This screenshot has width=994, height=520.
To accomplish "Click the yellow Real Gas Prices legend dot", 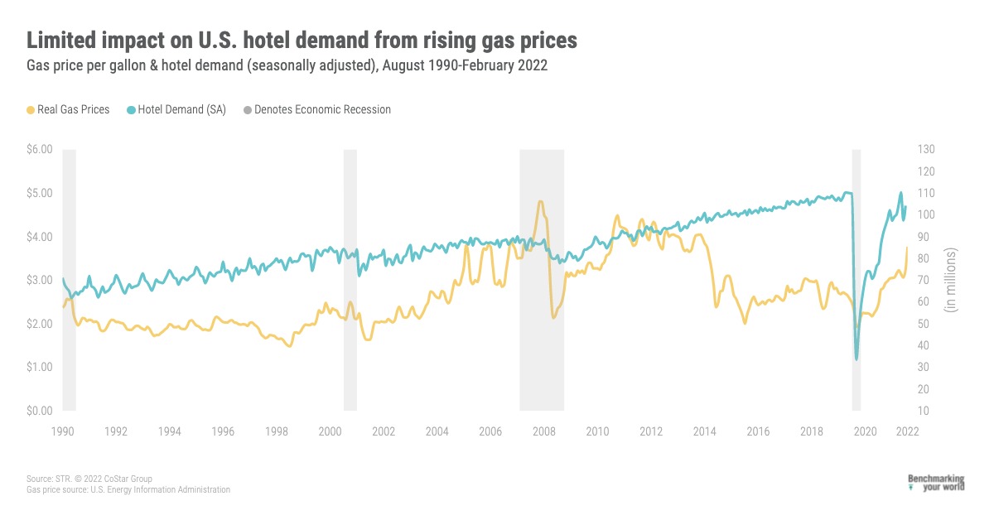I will point(31,109).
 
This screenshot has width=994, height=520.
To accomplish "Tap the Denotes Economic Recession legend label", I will point(322,109).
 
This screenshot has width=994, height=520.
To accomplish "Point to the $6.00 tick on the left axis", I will point(40,150).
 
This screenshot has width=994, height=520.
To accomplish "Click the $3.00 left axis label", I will point(40,281).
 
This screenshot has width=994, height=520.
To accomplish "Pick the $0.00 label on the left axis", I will point(40,412).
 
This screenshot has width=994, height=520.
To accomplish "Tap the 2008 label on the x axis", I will point(543,431).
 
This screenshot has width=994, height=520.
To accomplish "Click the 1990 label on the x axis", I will point(63,431).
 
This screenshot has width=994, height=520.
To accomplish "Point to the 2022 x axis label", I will point(906,431).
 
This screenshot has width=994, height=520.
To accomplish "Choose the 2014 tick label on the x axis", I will point(704,431).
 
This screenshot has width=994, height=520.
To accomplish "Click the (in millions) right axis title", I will point(952,280).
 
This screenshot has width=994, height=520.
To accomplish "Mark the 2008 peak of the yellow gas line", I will point(540,201).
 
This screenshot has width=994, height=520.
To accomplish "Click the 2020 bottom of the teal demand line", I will point(856,359).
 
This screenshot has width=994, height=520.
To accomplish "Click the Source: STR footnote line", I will point(89,479).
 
